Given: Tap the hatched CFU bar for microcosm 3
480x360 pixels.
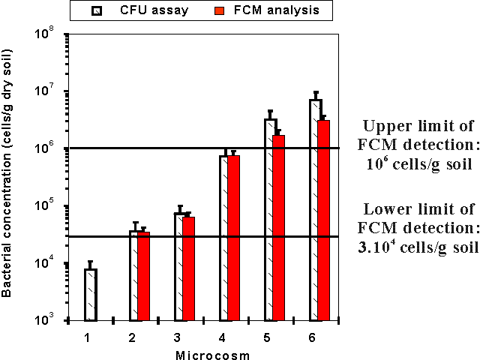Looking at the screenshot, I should click(x=180, y=267).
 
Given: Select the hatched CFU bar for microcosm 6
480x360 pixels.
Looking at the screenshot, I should click(x=315, y=210).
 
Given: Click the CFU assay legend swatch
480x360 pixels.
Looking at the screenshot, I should click(x=96, y=10).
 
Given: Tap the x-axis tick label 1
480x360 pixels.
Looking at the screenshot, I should click(x=87, y=338).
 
